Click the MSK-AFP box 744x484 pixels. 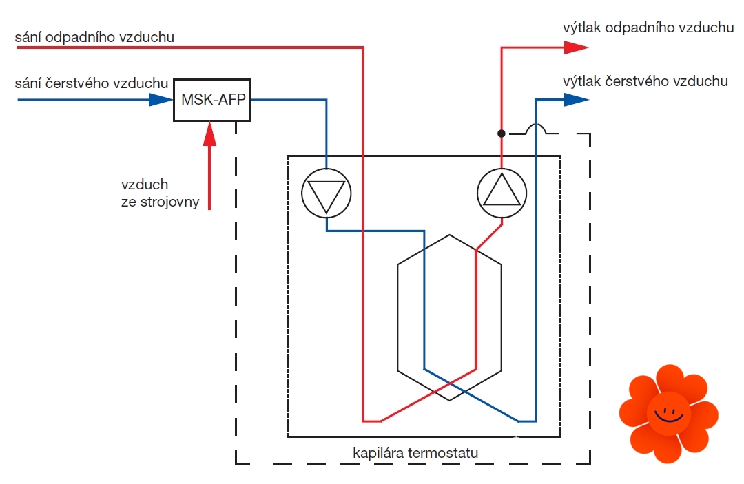[x=212, y=99]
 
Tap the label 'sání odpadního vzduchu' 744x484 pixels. [x=94, y=37]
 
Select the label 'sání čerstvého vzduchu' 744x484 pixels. [x=92, y=83]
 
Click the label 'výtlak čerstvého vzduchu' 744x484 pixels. [x=645, y=81]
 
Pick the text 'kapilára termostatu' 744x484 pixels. [x=415, y=453]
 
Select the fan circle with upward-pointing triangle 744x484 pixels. [x=502, y=193]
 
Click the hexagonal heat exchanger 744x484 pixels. [x=449, y=317]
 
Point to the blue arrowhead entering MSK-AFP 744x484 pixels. [x=161, y=100]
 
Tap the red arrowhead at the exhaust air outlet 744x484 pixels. [x=576, y=48]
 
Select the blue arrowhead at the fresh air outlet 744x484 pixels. [x=576, y=100]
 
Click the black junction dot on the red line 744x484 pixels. [x=502, y=133]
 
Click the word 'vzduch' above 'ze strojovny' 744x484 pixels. [x=145, y=185]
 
